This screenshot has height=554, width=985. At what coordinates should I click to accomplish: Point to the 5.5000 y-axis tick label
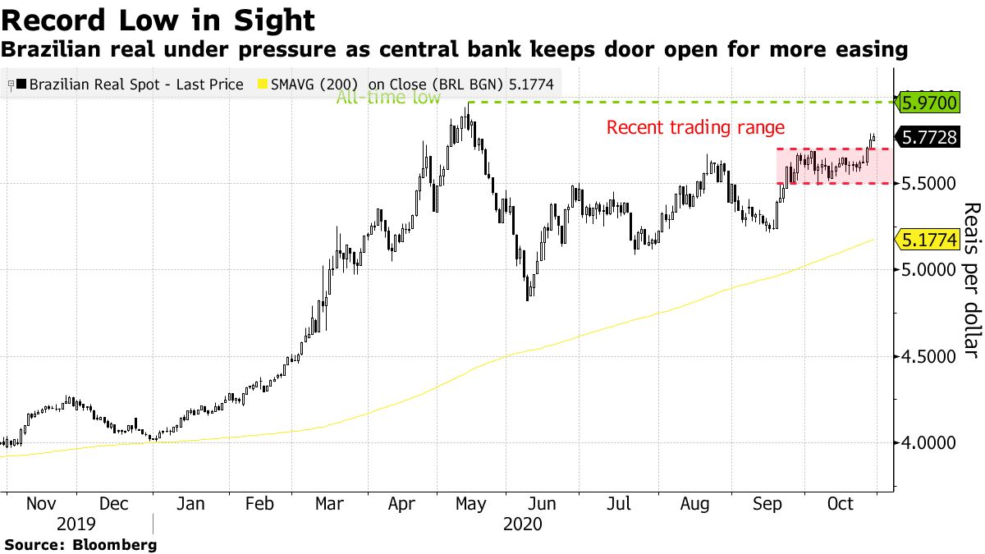(x=929, y=183)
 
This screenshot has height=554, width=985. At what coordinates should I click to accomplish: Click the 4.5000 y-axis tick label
(x=929, y=356)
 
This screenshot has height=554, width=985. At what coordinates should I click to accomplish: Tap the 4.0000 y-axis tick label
(x=929, y=442)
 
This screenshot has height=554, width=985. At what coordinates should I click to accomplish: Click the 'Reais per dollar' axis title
(x=969, y=280)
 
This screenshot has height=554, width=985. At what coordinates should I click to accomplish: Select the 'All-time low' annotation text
(x=388, y=98)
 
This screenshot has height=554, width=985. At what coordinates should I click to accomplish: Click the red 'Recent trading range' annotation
(x=695, y=127)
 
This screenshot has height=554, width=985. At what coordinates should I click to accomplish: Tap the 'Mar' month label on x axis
(x=328, y=503)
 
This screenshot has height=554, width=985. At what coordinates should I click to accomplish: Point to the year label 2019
(x=76, y=523)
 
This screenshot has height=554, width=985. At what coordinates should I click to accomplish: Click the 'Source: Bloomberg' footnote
(x=80, y=544)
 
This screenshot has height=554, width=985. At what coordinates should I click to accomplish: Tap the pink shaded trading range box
(x=833, y=167)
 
